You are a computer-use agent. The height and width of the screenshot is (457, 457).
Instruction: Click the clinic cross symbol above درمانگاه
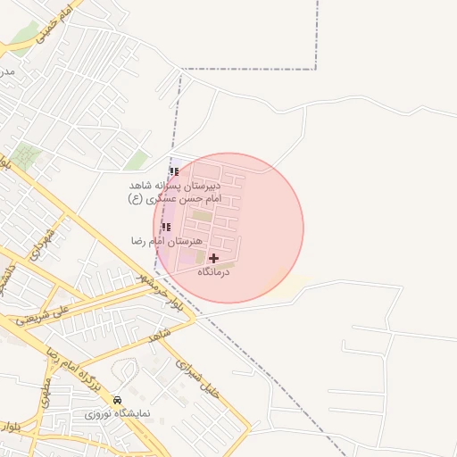(213, 258)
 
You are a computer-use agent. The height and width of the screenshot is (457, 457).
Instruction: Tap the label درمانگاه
(213, 271)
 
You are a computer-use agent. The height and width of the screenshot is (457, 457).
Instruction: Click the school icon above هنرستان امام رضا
(166, 228)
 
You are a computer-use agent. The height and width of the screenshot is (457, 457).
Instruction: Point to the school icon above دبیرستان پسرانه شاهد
(173, 172)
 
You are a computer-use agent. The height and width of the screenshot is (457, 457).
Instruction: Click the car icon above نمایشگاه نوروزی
(118, 400)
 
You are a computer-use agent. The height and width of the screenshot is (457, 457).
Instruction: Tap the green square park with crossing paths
(26, 157)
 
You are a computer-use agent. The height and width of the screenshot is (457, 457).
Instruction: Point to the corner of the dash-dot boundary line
(317, 69)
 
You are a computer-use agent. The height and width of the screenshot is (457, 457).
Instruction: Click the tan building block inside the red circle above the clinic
(203, 216)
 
